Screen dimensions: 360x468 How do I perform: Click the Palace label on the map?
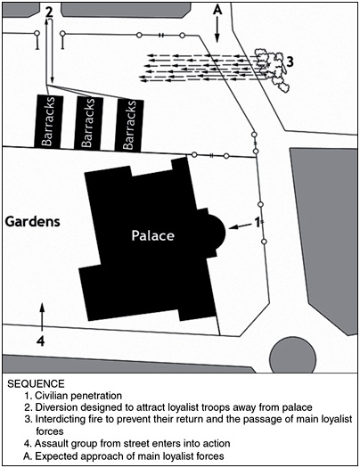tap(153, 235)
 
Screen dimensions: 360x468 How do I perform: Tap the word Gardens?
tap(33, 222)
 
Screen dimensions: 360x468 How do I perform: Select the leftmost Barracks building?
tap(49, 121)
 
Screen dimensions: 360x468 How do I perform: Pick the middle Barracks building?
tap(88, 123)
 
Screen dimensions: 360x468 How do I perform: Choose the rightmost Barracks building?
tap(129, 125)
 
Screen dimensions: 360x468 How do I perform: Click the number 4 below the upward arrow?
tap(41, 341)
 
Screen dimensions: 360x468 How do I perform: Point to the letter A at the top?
tap(217, 10)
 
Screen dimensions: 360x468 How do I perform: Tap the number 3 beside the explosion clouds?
tap(290, 62)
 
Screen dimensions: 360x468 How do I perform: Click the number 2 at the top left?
tap(49, 12)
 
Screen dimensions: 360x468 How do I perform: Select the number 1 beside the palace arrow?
tap(258, 222)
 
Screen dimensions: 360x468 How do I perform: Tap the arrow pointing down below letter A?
tap(217, 29)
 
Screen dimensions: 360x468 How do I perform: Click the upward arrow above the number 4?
tap(42, 316)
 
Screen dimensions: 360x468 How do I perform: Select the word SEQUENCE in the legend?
tap(36, 384)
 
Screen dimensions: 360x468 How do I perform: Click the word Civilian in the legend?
tap(52, 396)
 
